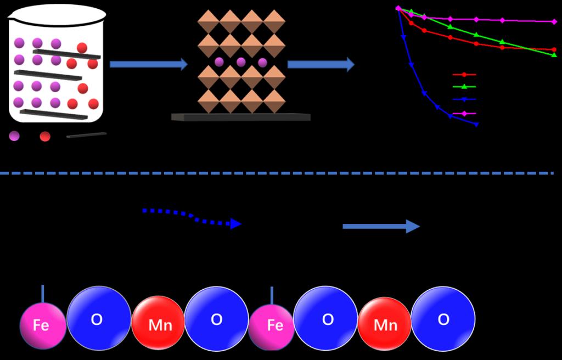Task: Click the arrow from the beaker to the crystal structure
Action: coord(148,64)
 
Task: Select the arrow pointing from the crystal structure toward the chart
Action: coord(321,64)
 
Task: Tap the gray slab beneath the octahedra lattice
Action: coord(241,117)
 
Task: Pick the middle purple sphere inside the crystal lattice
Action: coord(241,62)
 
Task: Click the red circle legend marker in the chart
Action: coord(464,74)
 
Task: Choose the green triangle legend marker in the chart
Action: coord(464,87)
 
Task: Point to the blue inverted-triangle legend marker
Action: coord(464,100)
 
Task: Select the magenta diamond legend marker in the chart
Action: coord(464,114)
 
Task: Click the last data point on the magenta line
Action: coord(553,21)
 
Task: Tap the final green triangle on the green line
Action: coord(553,55)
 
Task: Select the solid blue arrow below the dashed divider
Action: coord(381,226)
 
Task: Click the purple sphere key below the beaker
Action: coord(14,136)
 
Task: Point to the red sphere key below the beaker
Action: coord(45,136)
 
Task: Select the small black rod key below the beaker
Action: coord(87,135)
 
